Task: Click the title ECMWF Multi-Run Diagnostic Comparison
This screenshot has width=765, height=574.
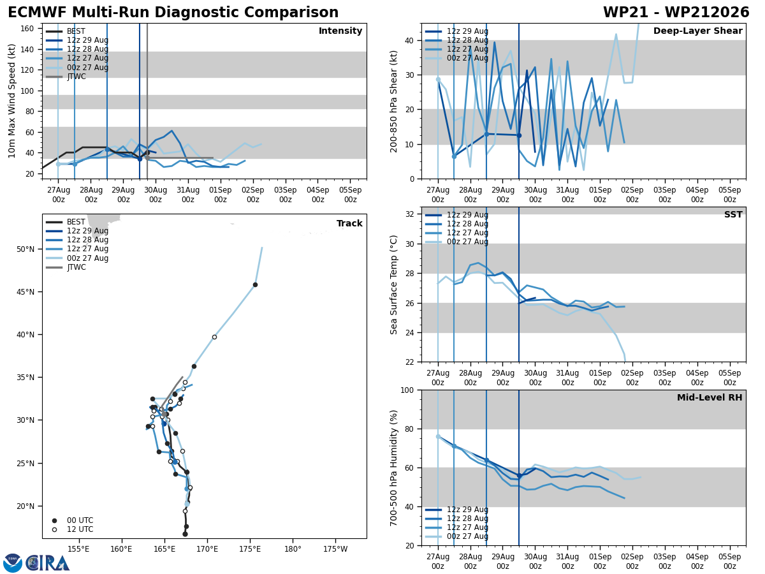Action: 173,12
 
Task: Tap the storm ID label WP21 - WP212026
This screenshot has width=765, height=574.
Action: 676,12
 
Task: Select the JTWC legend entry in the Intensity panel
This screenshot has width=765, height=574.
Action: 66,77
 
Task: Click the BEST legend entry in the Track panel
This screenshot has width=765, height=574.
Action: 66,222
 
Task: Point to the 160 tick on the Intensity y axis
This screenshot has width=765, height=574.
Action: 27,28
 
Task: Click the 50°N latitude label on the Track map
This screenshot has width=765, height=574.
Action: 25,249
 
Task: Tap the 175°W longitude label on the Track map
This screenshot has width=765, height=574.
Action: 335,549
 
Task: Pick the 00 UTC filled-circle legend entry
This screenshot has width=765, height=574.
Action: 73,520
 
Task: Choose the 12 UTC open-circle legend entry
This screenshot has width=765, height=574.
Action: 73,529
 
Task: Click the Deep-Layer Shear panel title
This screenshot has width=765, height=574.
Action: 697,31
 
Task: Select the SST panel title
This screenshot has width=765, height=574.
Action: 733,214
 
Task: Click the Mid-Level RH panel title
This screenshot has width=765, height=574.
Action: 710,397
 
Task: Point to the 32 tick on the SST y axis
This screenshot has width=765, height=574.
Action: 409,214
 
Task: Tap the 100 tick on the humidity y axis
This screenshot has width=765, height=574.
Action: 407,390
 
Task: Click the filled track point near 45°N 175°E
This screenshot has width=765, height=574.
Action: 255,284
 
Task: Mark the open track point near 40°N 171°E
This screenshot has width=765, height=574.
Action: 214,337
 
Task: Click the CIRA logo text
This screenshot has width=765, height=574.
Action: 48,563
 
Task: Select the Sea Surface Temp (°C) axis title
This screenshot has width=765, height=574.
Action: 393,284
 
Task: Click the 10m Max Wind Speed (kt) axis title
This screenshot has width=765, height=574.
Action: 11,101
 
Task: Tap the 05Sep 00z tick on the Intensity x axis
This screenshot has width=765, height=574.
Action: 350,195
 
